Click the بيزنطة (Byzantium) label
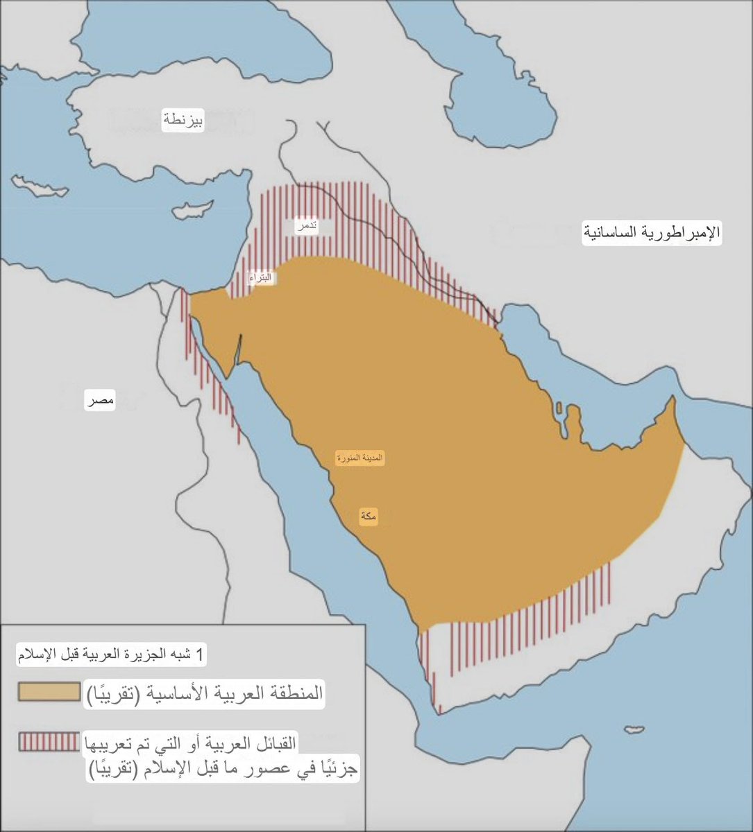tap(183, 121)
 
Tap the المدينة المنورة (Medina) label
tap(360, 458)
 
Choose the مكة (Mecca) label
tap(369, 516)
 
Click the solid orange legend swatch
tap(49, 693)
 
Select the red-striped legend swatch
tap(49, 741)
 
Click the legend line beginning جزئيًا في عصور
tap(223, 769)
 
